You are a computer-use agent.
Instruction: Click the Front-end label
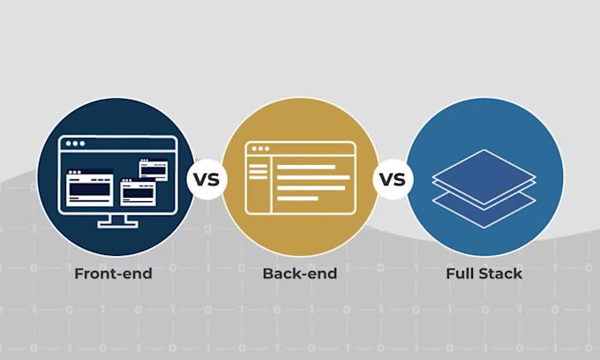(113, 274)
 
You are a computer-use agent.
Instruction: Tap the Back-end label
(300, 274)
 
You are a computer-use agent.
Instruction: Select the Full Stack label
(484, 274)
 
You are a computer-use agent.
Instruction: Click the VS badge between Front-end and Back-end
(206, 179)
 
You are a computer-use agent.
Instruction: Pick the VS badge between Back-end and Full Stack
(393, 179)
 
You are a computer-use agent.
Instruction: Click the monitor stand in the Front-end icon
(117, 221)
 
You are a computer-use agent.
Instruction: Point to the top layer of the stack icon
(484, 176)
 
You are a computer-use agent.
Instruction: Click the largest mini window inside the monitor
(90, 188)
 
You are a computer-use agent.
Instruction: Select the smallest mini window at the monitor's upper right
(153, 169)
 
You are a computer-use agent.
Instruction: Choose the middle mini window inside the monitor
(139, 192)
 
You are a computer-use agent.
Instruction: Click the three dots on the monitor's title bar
(75, 144)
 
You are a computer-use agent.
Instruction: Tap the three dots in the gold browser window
(260, 148)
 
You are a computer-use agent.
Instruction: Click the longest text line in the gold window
(313, 177)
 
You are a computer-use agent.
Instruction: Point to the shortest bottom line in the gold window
(297, 199)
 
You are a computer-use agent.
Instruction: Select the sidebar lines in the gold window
(259, 172)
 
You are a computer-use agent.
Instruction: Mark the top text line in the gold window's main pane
(306, 167)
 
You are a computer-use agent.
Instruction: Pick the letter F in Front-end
(79, 274)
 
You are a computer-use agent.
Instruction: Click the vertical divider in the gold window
(271, 184)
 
